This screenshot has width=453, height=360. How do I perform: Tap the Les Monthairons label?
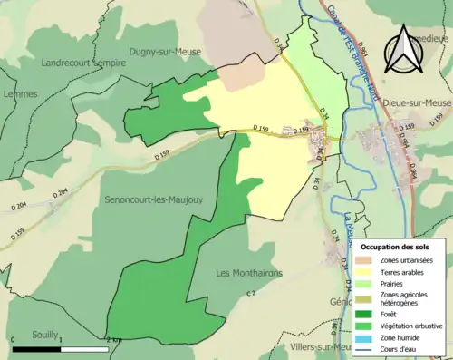(x=249, y=273)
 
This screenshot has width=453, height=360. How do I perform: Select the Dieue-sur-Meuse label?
(x=417, y=102)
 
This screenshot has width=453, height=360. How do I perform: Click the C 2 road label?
(x=253, y=294)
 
